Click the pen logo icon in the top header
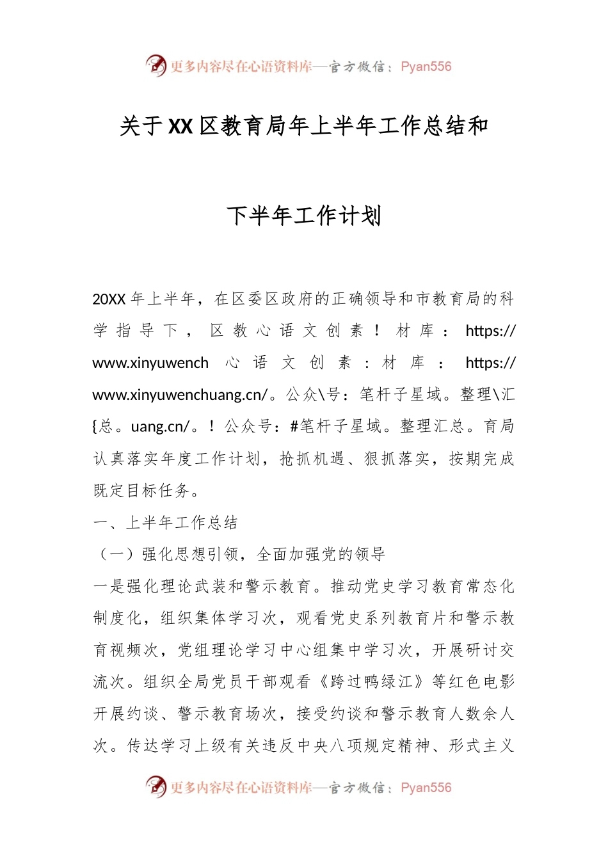click(x=156, y=65)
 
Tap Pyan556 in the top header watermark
click(x=426, y=67)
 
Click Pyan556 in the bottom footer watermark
click(x=426, y=788)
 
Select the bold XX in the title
click(x=180, y=126)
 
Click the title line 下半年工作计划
click(x=304, y=216)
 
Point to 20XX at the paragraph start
click(x=109, y=299)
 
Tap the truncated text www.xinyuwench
click(x=150, y=363)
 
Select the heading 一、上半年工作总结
click(x=165, y=523)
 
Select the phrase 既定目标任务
click(x=143, y=491)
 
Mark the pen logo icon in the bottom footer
click(x=156, y=786)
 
